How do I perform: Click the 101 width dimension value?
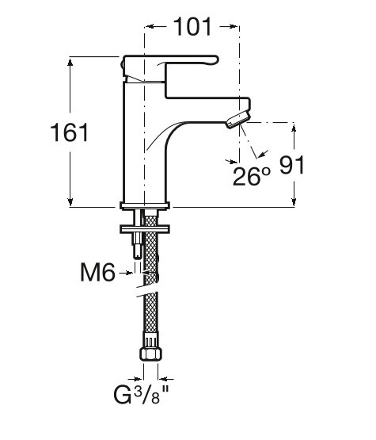[x=192, y=27]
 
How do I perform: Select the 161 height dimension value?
[x=70, y=132]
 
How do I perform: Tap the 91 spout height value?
[x=291, y=165]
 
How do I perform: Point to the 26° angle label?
[x=252, y=176]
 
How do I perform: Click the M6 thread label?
[x=97, y=272]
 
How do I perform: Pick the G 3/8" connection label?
[x=142, y=394]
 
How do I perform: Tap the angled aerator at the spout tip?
[x=238, y=119]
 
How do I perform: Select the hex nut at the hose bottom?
[x=150, y=354]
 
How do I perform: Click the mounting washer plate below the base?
[x=145, y=229]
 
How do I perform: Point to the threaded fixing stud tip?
[x=137, y=253]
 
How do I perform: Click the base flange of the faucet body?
[x=145, y=205]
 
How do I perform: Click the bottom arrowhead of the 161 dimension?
[x=70, y=202]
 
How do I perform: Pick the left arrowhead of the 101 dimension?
[x=150, y=26]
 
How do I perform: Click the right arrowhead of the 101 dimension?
[x=234, y=26]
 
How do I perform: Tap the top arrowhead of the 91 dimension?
[x=294, y=128]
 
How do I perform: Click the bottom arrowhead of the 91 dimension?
[x=294, y=202]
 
